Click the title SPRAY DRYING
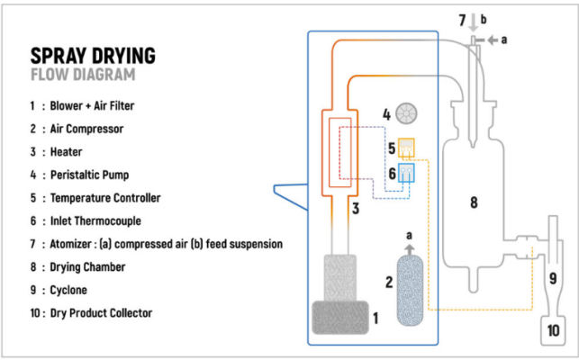tap(93, 56)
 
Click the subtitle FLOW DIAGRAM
tap(82, 75)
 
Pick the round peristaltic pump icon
tap(407, 114)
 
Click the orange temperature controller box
tap(406, 146)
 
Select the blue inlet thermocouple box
tap(406, 172)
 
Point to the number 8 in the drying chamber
tap(473, 203)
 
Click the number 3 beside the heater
tap(357, 211)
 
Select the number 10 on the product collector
tap(553, 331)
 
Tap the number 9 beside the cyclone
tap(553, 276)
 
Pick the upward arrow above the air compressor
tap(411, 249)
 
